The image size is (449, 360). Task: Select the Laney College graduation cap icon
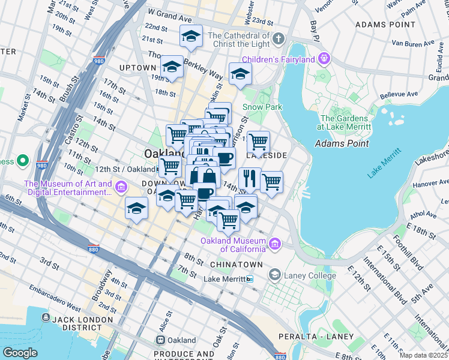click(275, 275)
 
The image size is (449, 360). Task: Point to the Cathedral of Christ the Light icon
click(277, 40)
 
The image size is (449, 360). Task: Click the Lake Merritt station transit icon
click(250, 279)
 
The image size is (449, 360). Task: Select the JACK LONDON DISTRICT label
click(76, 323)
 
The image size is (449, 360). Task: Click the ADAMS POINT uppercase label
click(385, 25)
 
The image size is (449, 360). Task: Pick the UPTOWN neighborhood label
click(137, 68)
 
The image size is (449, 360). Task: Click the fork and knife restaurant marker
click(249, 178)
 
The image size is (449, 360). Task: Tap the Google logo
click(20, 353)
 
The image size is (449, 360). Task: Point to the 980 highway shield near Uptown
click(99, 61)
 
